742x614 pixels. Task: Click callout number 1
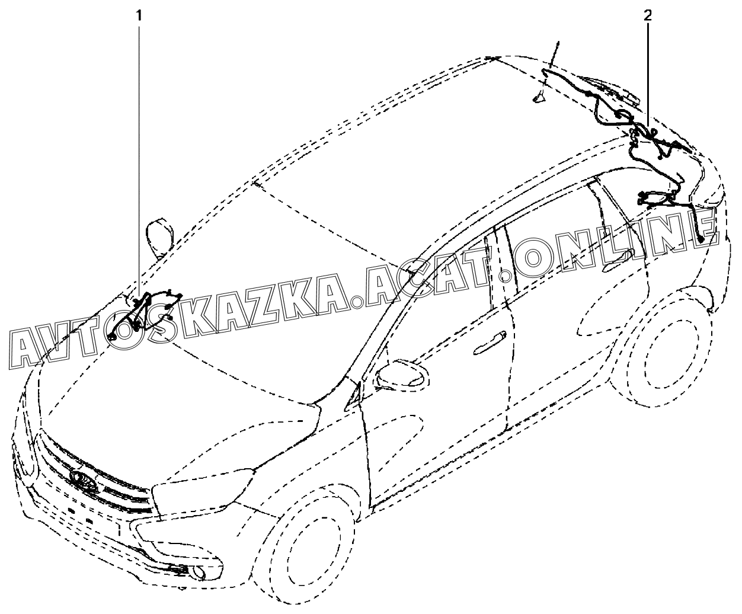pos(140,15)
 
